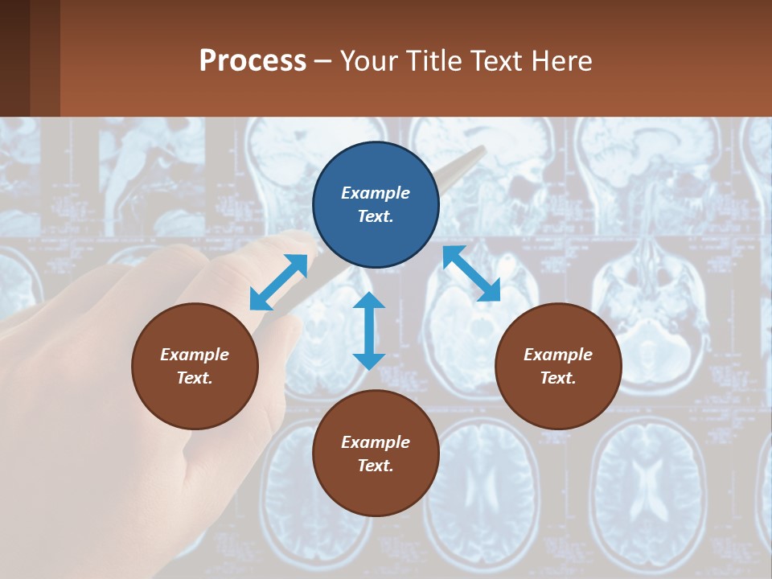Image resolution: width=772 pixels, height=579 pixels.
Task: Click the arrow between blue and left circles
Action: point(279,282)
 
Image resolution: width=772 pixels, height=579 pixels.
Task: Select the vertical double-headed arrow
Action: point(369,331)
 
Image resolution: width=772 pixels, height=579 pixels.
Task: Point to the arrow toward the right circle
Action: point(471,273)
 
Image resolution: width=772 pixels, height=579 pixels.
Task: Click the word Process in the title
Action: point(253,60)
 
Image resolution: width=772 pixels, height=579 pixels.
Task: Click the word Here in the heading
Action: point(561,60)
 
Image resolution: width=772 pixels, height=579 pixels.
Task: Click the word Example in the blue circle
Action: point(376,193)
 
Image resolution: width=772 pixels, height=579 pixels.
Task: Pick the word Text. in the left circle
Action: point(195,378)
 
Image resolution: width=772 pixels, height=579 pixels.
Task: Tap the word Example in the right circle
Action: point(558,355)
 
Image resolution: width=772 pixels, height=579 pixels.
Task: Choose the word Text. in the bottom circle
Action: point(376,466)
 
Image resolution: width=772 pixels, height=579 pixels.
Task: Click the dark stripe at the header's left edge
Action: point(14,58)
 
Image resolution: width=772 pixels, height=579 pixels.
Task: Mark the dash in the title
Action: point(322,62)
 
